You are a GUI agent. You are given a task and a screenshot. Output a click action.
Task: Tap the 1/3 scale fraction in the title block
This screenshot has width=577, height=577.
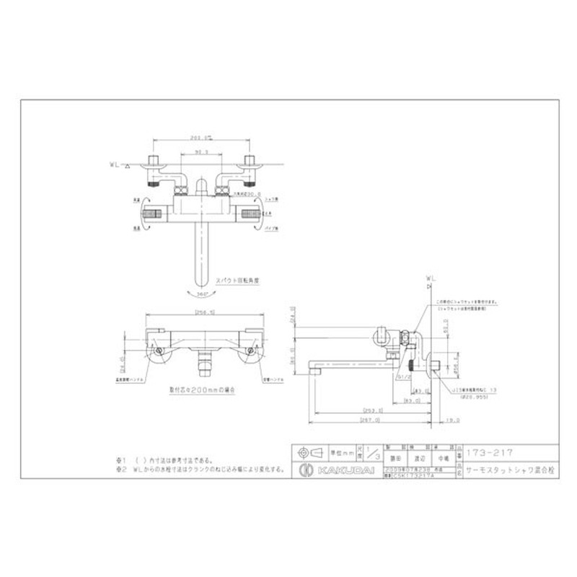[x=372, y=453]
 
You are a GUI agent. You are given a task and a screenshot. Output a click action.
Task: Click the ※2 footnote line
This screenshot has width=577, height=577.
[x=202, y=468]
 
